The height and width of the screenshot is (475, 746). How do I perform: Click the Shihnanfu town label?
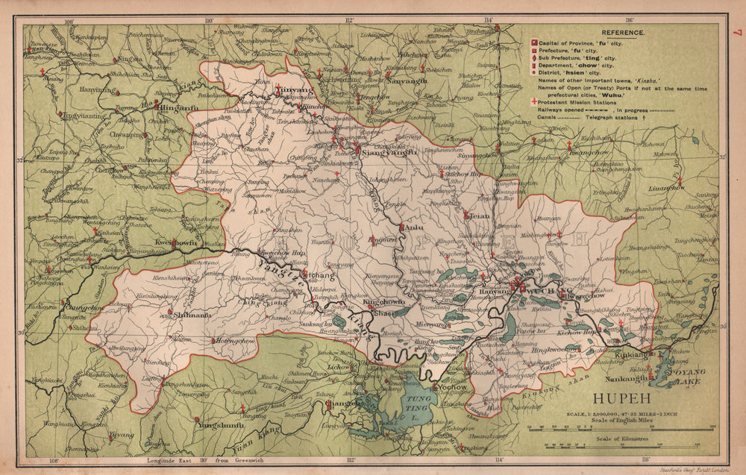[x=192, y=315]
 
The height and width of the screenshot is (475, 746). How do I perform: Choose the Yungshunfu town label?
[x=221, y=424]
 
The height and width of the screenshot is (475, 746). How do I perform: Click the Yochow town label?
[x=453, y=388]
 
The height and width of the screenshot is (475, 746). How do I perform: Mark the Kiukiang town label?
[x=633, y=357]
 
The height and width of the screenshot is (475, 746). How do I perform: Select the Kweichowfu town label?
[x=175, y=243]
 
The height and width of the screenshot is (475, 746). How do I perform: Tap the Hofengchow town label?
[x=236, y=340]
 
